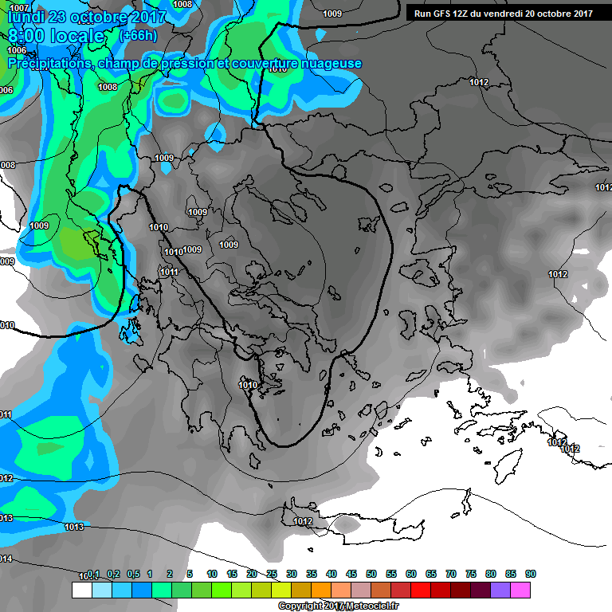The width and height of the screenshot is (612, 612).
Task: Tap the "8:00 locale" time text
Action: (56, 36)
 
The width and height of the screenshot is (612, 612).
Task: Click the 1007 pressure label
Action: (18, 7)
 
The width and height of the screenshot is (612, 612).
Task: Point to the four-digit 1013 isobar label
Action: (74, 527)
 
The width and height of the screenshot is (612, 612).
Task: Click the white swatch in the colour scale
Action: (82, 590)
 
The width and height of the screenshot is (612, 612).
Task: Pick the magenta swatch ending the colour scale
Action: (520, 590)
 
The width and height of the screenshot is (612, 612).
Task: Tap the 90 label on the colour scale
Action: (531, 574)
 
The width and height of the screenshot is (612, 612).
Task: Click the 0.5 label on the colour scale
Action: (132, 574)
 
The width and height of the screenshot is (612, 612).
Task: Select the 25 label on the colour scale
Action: (272, 574)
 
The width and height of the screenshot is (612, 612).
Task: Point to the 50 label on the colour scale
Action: (371, 574)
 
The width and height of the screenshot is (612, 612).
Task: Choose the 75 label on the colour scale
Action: (471, 574)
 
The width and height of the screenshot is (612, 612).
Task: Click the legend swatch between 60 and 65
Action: (421, 590)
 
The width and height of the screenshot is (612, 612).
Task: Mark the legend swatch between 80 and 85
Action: (500, 590)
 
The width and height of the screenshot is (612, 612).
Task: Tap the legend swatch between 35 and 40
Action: (321, 590)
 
